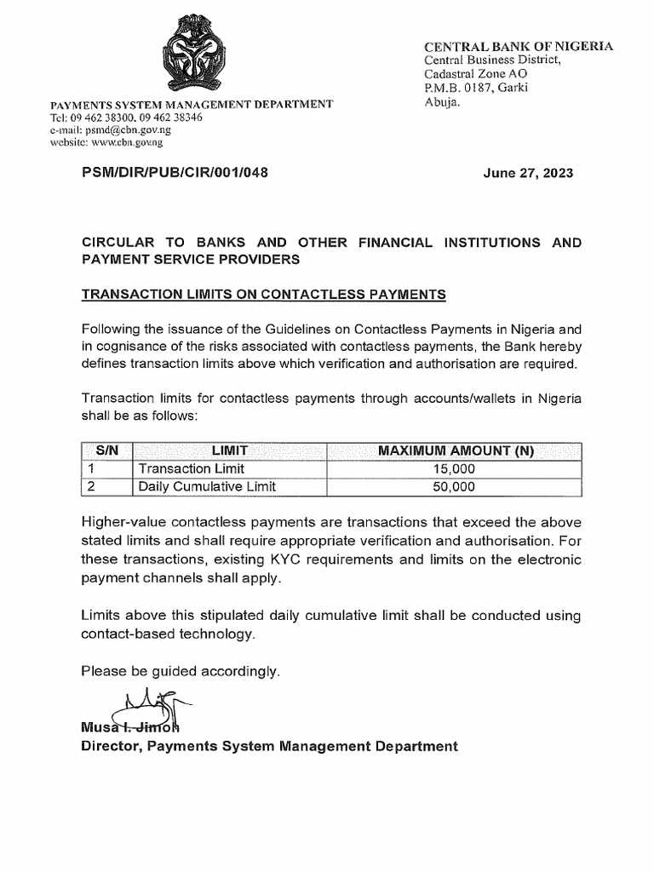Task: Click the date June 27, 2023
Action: [x=528, y=173]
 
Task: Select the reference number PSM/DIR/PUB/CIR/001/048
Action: [x=175, y=172]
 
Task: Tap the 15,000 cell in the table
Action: [x=452, y=469]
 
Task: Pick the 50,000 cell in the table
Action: [x=452, y=487]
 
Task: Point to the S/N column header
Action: [x=106, y=451]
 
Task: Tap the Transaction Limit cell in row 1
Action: [x=191, y=469]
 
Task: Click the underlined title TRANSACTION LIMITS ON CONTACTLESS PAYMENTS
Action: [x=263, y=295]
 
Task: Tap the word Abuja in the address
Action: [x=442, y=102]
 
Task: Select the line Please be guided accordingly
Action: [x=181, y=672]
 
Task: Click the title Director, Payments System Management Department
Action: [x=269, y=746]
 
